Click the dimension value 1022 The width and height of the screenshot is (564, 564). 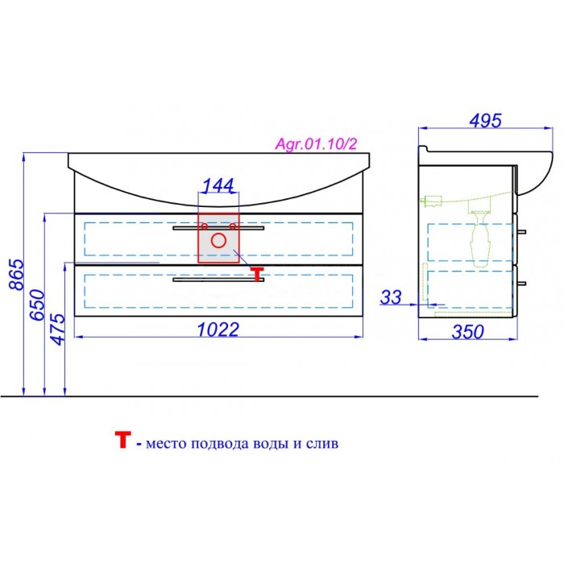(218, 329)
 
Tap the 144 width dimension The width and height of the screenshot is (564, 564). (218, 185)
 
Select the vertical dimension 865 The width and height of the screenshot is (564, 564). (16, 275)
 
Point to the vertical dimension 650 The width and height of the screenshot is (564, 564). (37, 305)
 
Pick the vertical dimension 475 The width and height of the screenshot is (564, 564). (58, 329)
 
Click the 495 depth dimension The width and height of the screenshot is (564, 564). (485, 121)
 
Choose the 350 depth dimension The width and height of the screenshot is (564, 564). (467, 332)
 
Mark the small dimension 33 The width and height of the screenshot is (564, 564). (391, 297)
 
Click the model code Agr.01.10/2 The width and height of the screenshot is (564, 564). (316, 144)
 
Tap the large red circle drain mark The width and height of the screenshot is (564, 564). (218, 241)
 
